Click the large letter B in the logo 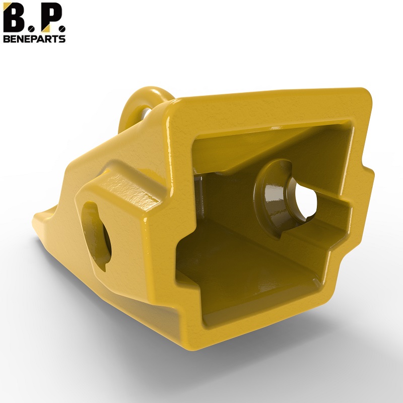tap(13, 18)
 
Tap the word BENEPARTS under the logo tap(34, 39)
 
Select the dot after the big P tap(62, 28)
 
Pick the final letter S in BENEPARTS tap(62, 39)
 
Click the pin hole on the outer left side tap(96, 236)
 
